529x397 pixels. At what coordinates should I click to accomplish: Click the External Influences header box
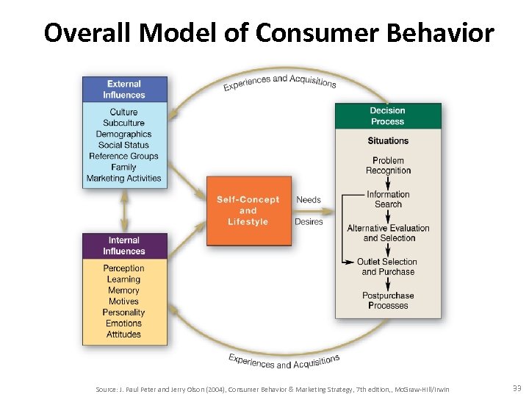123,89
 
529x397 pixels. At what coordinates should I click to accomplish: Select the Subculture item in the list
123,123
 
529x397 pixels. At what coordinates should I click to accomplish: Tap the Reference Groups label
123,156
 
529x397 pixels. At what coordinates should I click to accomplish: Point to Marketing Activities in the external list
123,178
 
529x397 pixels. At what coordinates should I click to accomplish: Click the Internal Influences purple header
123,246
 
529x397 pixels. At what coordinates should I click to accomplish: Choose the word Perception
123,268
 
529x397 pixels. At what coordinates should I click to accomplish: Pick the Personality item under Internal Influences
123,312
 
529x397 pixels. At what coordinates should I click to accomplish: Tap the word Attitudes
123,335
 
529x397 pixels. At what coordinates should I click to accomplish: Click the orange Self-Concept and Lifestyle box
248,211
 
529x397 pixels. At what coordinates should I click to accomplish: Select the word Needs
309,200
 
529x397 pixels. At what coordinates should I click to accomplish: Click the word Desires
309,221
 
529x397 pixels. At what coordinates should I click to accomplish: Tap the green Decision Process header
387,116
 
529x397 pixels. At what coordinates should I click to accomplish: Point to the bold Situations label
388,140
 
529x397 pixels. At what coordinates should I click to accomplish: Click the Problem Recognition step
388,165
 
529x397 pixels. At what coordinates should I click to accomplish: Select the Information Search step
388,199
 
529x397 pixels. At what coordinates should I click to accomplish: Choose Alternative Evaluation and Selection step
388,233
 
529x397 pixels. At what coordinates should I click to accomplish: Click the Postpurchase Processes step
388,301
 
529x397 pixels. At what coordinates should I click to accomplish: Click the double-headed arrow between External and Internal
123,211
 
